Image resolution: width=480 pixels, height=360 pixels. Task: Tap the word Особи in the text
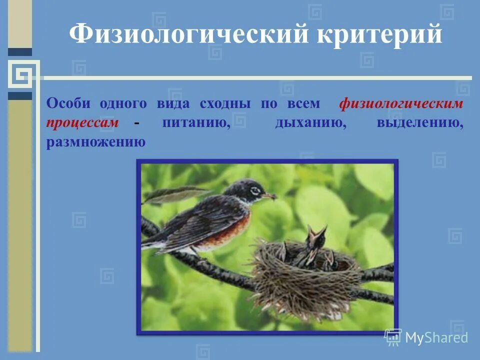68,104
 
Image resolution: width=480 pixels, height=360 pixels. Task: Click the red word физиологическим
401,104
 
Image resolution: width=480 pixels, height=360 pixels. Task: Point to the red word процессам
82,123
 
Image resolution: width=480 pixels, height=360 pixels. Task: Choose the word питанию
196,123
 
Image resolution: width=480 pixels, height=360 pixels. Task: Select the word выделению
419,123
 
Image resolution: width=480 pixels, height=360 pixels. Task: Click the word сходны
225,104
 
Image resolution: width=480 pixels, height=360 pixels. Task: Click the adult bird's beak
270,195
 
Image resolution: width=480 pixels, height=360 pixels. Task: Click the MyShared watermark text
436,338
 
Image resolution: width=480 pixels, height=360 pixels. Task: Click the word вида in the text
173,104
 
